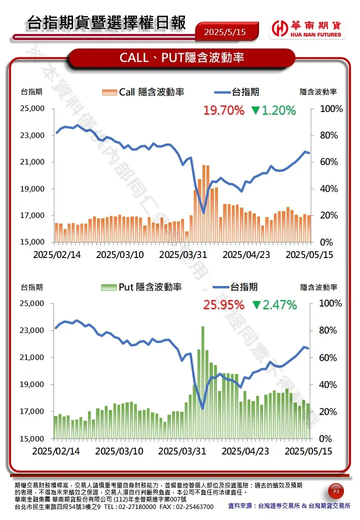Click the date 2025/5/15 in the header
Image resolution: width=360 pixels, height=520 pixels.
pos(225,31)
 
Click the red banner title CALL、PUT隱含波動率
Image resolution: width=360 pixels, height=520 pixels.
pos(181,57)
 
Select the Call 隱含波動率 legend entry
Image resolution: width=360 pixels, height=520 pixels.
pos(143,92)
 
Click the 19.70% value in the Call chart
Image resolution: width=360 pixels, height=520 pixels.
pos(223,110)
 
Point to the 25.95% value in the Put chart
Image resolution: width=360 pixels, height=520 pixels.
pos(223,304)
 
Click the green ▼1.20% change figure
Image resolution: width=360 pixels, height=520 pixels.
pos(273,110)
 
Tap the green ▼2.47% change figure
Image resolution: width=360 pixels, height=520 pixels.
pos(274,304)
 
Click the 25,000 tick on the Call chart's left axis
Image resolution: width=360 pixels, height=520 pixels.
pos(32,109)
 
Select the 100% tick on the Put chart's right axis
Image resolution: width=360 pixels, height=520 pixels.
pos(330,303)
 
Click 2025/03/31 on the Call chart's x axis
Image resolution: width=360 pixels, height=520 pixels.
pos(183,254)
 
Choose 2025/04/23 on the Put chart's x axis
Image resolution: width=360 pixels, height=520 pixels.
pos(245,451)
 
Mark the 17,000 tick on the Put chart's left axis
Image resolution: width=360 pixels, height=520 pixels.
pos(32,411)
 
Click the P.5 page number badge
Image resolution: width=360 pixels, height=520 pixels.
pos(335,492)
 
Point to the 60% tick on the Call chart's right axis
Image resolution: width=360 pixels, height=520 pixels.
pos(330,162)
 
